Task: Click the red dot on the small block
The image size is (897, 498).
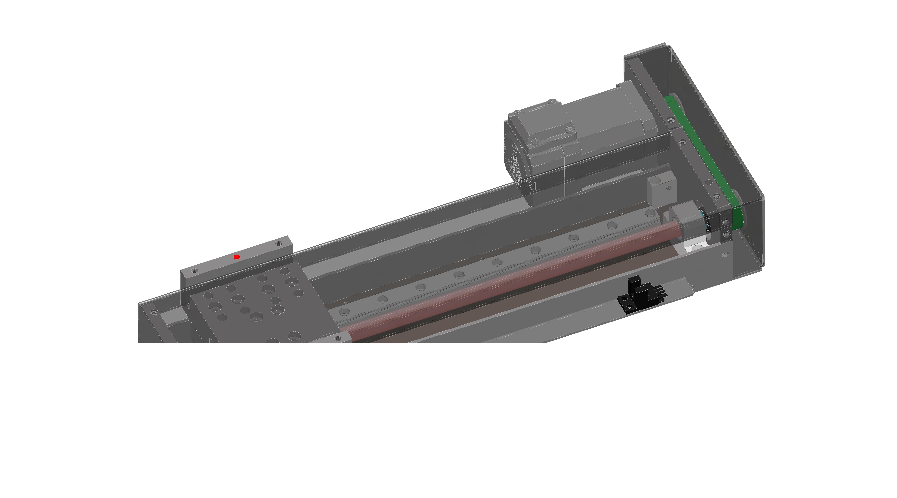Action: point(236,257)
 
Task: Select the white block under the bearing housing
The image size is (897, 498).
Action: point(695,248)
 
